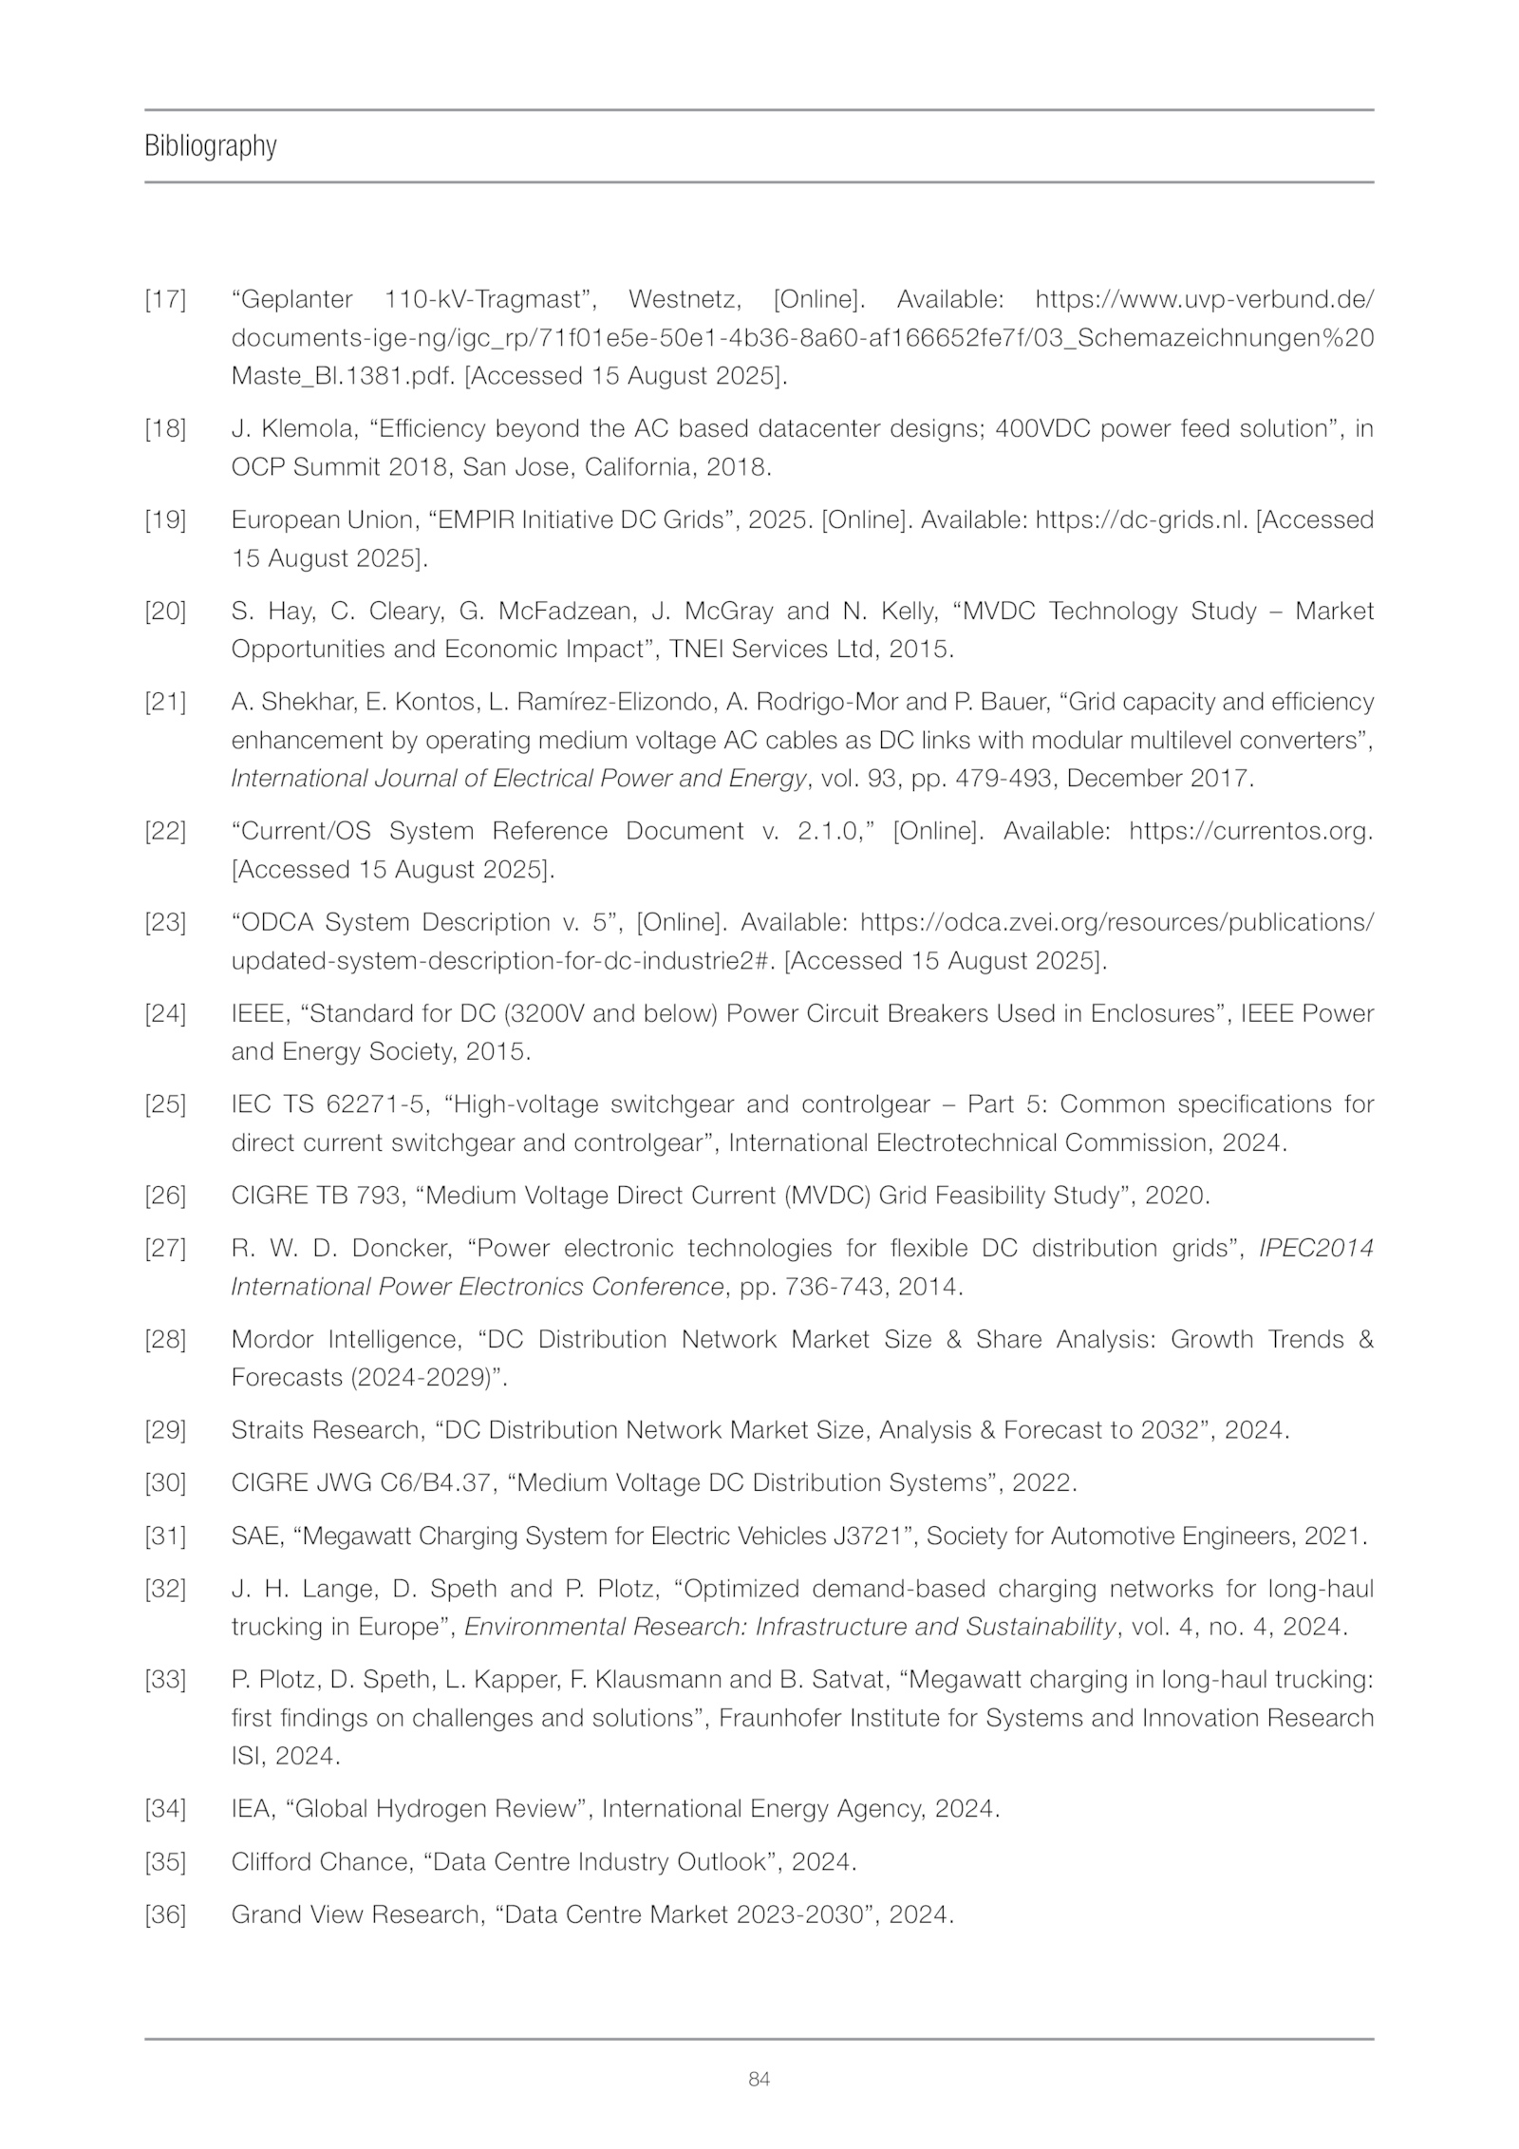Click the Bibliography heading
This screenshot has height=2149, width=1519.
210,146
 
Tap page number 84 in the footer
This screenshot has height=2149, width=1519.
759,2079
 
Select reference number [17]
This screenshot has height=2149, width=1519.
165,300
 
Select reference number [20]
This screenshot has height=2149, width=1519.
165,612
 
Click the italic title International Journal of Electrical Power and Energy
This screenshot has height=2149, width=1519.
518,779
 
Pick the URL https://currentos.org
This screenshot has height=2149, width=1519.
1250,832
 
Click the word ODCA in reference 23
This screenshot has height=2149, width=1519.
283,923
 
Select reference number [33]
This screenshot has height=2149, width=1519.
165,1681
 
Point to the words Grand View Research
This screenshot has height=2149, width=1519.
356,1914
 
